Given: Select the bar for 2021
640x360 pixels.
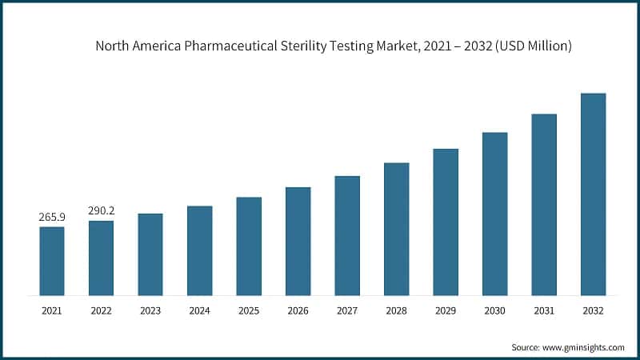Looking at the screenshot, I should [x=52, y=261].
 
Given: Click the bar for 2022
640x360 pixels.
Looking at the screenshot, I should [x=101, y=258].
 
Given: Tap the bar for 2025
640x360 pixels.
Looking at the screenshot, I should [x=249, y=246].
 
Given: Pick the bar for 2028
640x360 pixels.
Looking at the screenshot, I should [x=396, y=229].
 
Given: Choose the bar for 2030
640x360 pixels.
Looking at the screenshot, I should [x=494, y=214].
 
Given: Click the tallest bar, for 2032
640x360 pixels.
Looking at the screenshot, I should [x=593, y=194].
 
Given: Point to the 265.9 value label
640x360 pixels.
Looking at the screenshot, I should [x=52, y=217].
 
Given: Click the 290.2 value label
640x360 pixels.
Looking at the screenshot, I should [x=101, y=211].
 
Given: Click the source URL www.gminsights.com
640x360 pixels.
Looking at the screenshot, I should [x=584, y=347].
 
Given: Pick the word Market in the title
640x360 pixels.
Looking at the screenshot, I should [x=407, y=46].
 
